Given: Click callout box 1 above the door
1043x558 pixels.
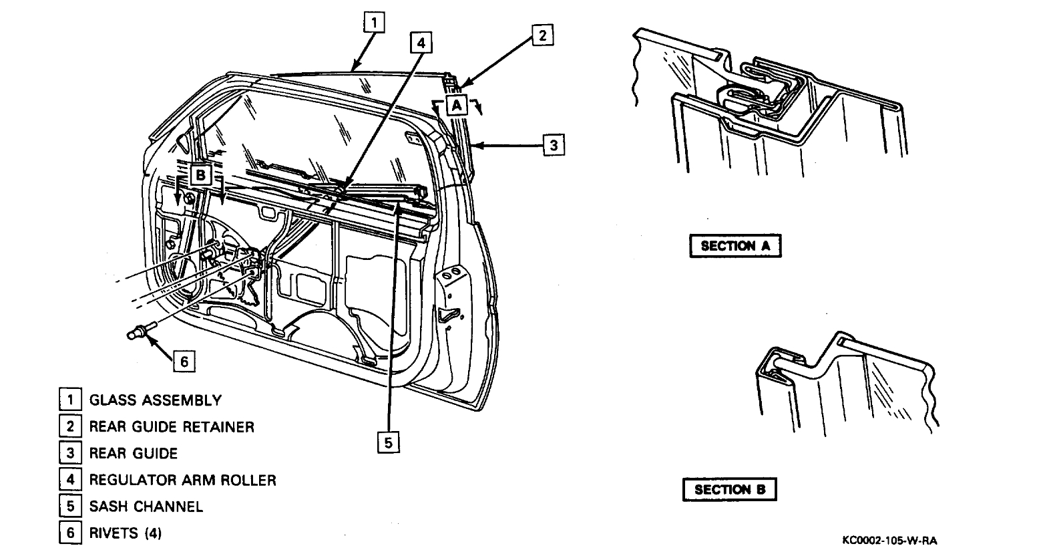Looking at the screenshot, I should click(x=374, y=23).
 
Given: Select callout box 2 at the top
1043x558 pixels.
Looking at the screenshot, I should click(x=543, y=35).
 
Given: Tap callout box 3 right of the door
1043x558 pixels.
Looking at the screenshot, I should click(x=554, y=144).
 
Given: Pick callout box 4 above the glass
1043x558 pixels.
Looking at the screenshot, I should click(x=419, y=43).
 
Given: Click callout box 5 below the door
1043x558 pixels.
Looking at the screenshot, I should click(x=389, y=442).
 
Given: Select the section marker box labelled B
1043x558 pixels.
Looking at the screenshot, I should click(x=201, y=175).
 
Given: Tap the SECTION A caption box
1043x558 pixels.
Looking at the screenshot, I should click(x=735, y=246).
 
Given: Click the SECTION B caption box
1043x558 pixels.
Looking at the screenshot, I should click(x=730, y=490).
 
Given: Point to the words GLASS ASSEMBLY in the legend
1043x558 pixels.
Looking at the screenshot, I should click(x=155, y=401).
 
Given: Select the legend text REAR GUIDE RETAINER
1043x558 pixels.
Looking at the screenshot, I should click(x=172, y=427).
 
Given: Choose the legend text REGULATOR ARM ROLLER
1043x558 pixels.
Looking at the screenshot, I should click(x=182, y=480).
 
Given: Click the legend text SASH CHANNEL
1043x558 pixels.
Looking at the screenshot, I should click(x=146, y=507).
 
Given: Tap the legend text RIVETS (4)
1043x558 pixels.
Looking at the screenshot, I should click(x=126, y=533).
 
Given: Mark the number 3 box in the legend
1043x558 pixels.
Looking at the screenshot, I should click(x=69, y=454).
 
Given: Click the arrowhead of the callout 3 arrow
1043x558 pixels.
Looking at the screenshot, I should click(x=472, y=144).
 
